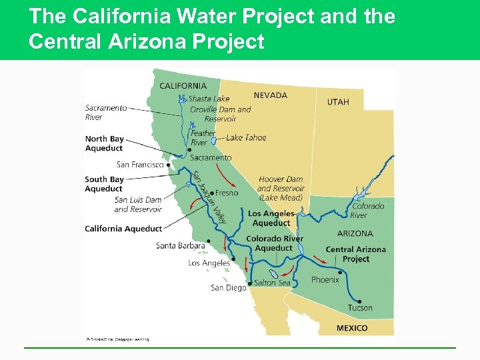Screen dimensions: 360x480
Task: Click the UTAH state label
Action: point(337,102)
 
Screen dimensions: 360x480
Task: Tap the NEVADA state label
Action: point(270,95)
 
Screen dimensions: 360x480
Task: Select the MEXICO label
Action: point(351,328)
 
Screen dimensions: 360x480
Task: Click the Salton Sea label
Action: point(272,283)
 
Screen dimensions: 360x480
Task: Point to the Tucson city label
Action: point(360,307)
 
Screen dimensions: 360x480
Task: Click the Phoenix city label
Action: point(325,280)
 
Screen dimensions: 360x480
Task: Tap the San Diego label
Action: point(228,287)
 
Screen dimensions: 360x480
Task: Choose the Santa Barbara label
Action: point(180,245)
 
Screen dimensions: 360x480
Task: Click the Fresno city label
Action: point(227,193)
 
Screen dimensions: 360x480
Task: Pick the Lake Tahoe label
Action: point(246,137)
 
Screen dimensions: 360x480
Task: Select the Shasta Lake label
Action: point(209,99)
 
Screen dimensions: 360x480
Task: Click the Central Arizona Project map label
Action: point(355,254)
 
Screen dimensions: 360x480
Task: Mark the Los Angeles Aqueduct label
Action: point(271,218)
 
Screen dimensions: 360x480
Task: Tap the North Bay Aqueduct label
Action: point(104,143)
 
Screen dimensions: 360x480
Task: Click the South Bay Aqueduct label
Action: point(104,184)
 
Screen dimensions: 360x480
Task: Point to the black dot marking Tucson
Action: point(341,272)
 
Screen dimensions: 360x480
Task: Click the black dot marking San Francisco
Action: point(169,165)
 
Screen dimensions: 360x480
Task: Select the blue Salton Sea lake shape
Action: point(273,274)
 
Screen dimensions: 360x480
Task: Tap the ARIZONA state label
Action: point(355,233)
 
